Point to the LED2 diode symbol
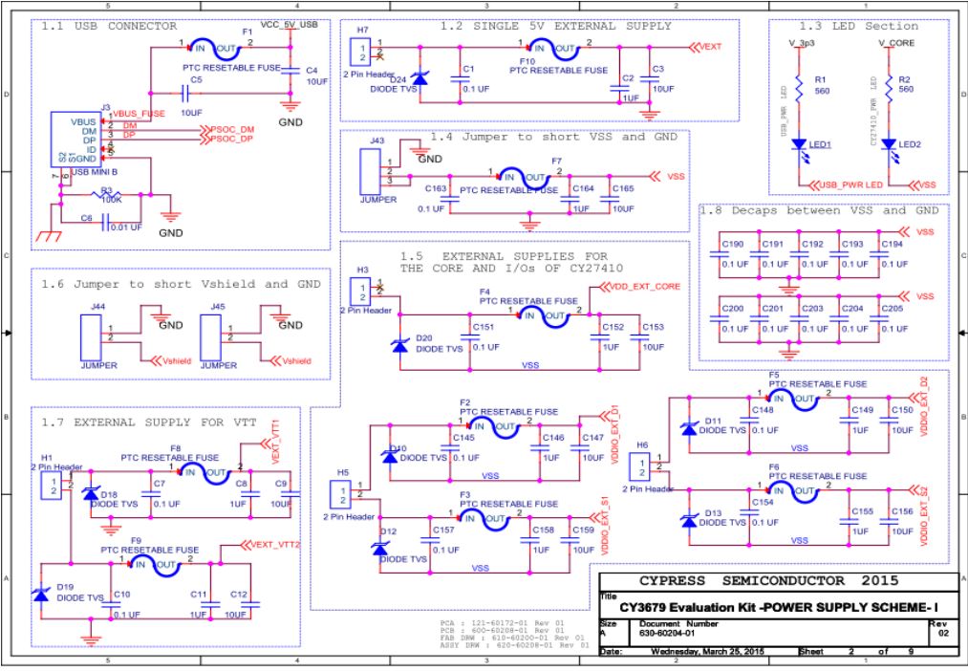coord(889,144)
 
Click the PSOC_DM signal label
coord(231,128)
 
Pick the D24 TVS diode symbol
coord(417,78)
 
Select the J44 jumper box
coord(94,335)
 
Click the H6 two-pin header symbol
coord(642,467)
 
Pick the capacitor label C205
coord(891,310)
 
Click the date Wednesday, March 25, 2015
coord(714,652)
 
